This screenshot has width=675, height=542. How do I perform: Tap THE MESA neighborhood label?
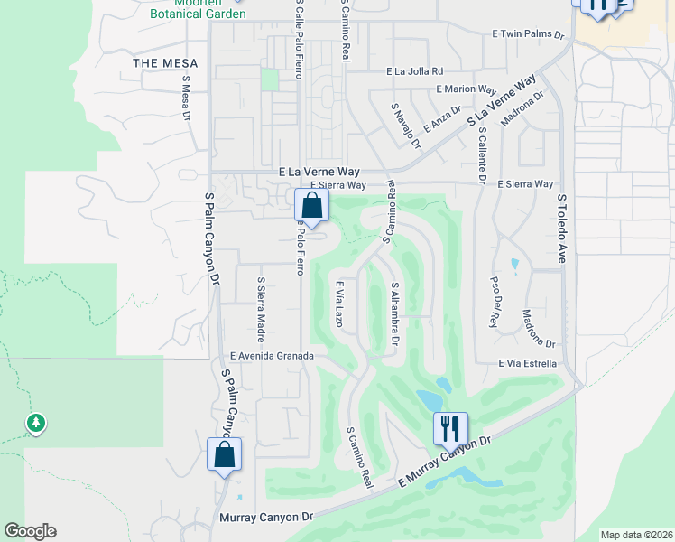coord(158,63)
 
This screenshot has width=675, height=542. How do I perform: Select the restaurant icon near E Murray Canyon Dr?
coord(450,427)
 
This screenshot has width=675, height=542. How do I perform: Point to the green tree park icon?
coord(35,422)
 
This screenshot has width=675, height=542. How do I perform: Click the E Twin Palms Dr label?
coord(528,33)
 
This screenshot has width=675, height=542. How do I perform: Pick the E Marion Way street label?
coord(467,89)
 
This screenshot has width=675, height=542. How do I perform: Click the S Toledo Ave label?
coord(560,228)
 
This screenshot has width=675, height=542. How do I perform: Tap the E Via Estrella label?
coord(528,363)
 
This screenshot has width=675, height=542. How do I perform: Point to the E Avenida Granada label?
coord(272,357)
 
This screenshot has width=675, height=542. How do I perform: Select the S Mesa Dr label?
coord(187,98)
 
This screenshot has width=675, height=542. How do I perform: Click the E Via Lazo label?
coord(341,304)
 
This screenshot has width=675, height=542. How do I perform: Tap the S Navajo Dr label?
coord(406,125)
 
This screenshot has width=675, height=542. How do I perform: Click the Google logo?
coord(30,531)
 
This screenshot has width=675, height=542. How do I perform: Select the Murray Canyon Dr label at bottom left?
coord(266,518)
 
